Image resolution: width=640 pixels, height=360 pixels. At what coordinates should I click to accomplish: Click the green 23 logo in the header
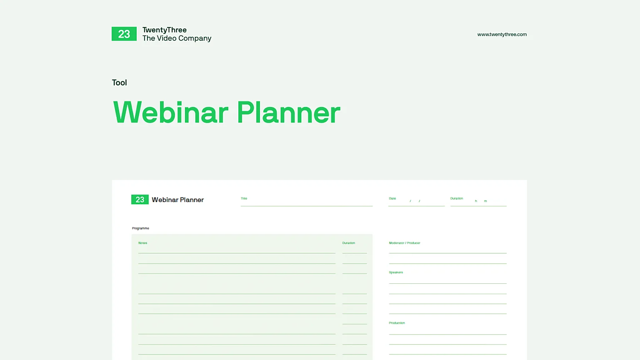click(124, 34)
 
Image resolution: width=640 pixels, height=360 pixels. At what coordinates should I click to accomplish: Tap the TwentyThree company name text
click(165, 30)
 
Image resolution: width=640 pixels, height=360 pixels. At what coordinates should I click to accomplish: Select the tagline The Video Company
click(177, 38)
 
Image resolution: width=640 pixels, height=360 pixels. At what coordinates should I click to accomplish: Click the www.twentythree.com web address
click(502, 35)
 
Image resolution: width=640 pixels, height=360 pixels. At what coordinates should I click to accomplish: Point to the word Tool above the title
click(119, 82)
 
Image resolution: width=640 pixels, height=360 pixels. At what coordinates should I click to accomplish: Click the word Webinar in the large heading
click(171, 112)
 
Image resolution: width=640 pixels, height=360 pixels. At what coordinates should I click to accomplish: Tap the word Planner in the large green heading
click(288, 112)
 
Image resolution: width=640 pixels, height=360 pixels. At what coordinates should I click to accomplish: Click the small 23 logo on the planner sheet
click(140, 200)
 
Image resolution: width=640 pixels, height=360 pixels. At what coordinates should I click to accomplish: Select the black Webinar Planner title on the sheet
click(177, 200)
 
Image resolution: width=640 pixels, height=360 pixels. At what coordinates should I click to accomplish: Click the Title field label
click(244, 198)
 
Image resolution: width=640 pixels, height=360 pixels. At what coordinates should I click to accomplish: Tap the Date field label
click(392, 198)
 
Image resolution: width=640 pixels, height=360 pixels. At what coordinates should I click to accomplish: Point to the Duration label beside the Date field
click(456, 198)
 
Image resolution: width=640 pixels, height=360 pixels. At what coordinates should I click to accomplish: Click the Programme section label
click(140, 228)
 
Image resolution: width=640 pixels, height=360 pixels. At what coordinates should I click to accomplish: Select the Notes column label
click(142, 243)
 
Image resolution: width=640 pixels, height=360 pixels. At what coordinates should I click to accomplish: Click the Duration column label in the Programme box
click(348, 243)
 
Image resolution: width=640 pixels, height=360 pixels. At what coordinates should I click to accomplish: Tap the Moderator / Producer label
click(404, 243)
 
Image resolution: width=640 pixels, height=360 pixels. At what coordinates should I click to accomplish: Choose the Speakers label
click(395, 272)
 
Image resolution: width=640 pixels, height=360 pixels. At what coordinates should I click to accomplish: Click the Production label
click(397, 323)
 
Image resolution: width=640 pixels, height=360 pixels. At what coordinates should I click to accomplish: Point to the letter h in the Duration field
click(476, 201)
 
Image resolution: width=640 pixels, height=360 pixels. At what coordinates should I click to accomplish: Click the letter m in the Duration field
click(485, 201)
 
